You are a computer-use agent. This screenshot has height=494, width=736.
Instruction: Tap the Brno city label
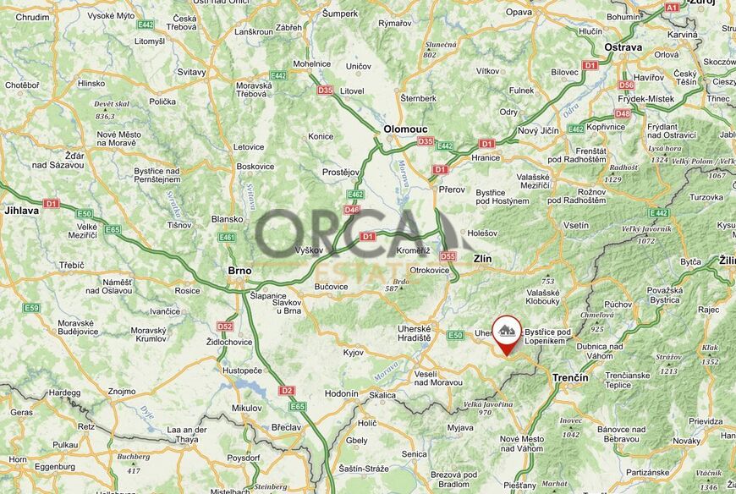click(x=239, y=271)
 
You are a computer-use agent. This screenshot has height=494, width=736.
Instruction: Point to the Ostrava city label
click(x=623, y=47)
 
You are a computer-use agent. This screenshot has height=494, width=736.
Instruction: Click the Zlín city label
click(x=482, y=259)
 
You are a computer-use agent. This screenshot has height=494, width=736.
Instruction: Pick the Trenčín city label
click(x=569, y=376)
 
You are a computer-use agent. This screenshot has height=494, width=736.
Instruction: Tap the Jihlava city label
click(x=21, y=210)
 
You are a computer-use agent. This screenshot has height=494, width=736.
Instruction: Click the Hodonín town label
click(x=342, y=393)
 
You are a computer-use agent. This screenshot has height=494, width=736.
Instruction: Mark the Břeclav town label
click(x=287, y=427)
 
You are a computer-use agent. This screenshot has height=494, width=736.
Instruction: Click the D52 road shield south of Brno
click(x=224, y=326)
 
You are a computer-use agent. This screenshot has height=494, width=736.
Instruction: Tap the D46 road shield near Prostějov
click(x=353, y=209)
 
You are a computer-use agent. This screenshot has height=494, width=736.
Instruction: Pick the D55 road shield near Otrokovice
click(x=448, y=255)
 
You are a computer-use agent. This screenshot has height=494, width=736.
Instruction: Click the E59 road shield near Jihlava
click(x=31, y=307)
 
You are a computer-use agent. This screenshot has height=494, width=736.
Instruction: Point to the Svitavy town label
click(x=191, y=72)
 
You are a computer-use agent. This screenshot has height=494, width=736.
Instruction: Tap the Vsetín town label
click(x=575, y=225)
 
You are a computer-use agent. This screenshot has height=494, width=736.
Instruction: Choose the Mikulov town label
click(x=246, y=408)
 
